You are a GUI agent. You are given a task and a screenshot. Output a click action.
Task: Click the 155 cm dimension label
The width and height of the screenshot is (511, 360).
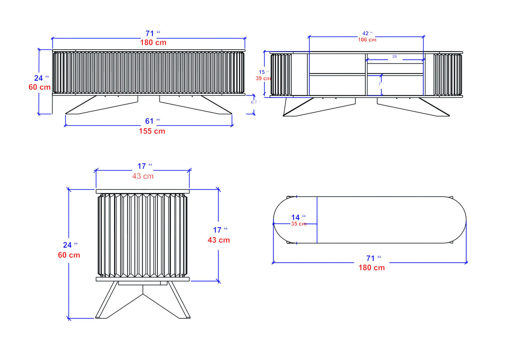(152, 131)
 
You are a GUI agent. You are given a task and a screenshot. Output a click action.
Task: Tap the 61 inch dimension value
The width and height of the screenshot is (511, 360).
(150, 122)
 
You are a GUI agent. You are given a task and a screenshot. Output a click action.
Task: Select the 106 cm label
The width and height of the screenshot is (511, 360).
(367, 40)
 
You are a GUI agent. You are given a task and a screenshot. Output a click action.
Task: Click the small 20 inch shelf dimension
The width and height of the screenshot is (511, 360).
(394, 56)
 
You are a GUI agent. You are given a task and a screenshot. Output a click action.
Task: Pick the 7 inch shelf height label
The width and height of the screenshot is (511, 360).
(381, 84)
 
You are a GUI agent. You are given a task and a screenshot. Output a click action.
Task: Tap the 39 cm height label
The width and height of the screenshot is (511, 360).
(263, 78)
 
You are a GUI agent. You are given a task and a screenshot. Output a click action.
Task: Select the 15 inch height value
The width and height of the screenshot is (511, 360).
(261, 72)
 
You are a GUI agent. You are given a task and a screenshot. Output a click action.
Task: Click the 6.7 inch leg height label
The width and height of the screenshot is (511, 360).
(254, 102)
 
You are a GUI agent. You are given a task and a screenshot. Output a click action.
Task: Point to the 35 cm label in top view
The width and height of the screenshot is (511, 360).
(298, 224)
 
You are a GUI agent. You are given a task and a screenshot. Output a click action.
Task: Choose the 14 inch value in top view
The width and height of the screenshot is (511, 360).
(296, 217)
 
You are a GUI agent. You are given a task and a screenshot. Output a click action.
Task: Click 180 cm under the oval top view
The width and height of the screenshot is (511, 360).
(371, 268)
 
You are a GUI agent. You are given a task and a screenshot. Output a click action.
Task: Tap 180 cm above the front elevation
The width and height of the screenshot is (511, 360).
(153, 42)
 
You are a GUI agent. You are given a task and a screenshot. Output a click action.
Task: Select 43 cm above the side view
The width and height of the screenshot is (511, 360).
(143, 176)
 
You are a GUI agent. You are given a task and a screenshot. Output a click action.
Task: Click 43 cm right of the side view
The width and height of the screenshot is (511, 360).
(218, 240)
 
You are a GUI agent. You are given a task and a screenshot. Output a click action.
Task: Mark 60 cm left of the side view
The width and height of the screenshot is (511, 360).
(69, 255)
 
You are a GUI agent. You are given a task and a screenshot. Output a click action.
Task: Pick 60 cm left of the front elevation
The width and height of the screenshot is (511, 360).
(40, 87)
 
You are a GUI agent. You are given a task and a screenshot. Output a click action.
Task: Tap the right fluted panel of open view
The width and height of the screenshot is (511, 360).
(447, 75)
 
